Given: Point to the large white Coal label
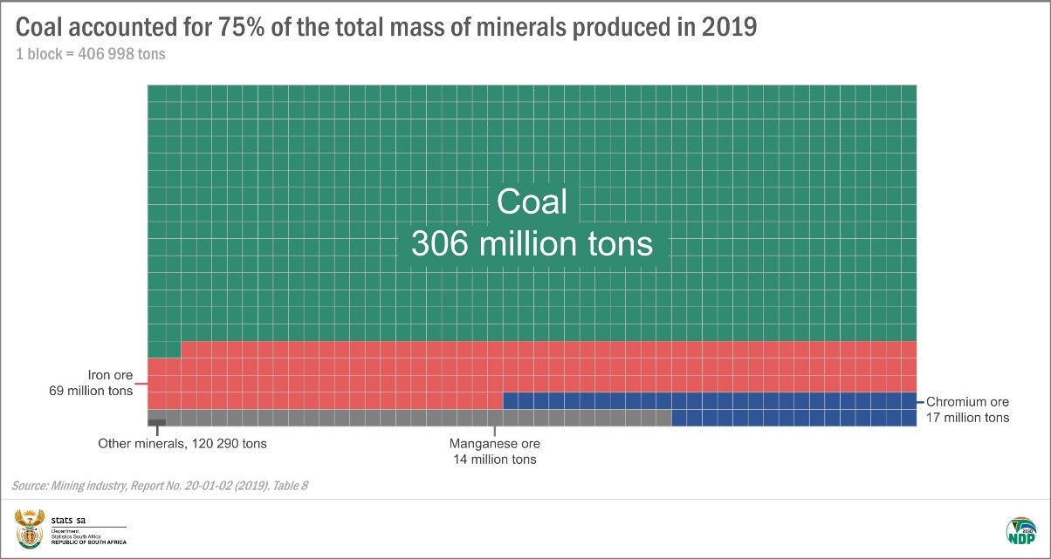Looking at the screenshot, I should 532,202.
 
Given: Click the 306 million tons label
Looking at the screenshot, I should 532,243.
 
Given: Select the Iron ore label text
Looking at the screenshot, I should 111,375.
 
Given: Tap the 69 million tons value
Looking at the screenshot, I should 91,392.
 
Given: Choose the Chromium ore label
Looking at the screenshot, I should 967,402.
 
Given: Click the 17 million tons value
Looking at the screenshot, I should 967,418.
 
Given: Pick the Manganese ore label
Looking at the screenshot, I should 495,443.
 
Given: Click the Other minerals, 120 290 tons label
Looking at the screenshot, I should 182,443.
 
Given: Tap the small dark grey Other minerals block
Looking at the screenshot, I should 157,422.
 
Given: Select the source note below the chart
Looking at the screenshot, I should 160,485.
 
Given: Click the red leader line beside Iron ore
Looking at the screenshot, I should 141,383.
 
